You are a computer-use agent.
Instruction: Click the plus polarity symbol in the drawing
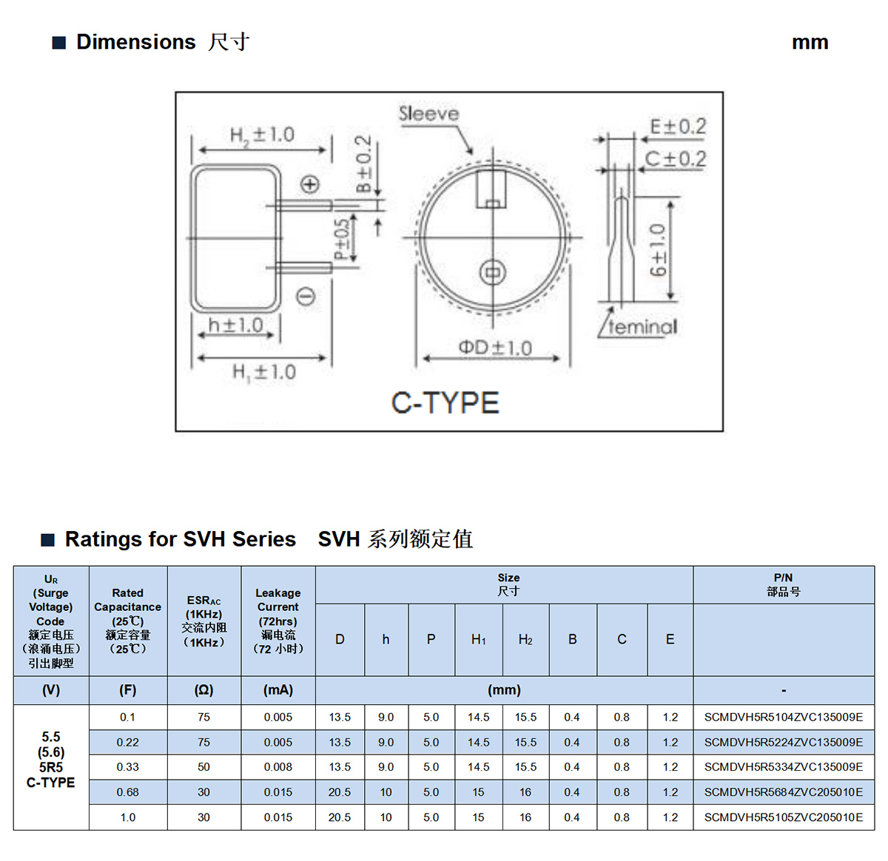310,184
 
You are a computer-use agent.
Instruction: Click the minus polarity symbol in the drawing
306,297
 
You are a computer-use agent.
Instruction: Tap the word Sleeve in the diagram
428,114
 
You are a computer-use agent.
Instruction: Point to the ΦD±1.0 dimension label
495,348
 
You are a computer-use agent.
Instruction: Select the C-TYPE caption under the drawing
445,402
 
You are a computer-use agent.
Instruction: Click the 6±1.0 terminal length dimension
658,250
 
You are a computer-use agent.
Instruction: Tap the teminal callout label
642,326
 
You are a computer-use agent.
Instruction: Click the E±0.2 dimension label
678,126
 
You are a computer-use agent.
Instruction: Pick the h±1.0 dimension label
235,325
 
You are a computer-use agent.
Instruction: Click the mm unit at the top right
810,42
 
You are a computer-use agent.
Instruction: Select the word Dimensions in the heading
136,42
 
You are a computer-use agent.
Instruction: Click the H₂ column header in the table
525,639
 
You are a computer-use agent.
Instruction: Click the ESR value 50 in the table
203,766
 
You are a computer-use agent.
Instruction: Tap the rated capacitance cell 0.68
127,792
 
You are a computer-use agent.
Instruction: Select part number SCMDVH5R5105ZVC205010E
783,817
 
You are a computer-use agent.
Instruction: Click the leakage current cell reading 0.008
278,766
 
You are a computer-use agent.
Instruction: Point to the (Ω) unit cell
203,690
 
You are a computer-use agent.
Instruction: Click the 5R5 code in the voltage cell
50,767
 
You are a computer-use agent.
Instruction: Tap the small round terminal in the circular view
493,273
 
